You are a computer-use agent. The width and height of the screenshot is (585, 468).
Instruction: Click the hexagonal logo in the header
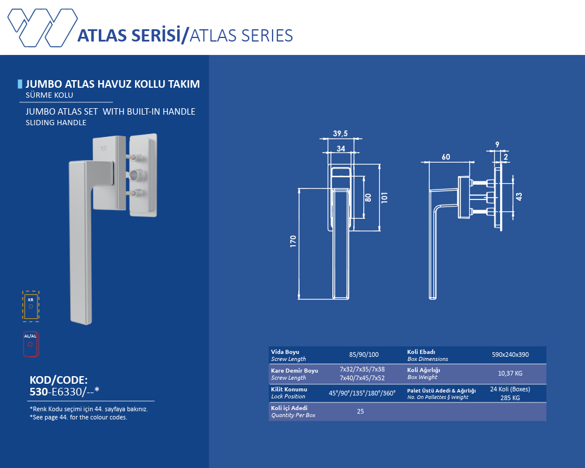pyautogui.click(x=43, y=27)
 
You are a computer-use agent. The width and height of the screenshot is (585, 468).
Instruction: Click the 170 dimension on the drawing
pyautogui.click(x=293, y=241)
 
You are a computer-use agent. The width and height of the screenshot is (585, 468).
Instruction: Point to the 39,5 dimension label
pyautogui.click(x=340, y=133)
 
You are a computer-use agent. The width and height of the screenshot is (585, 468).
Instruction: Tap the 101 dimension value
pyautogui.click(x=384, y=198)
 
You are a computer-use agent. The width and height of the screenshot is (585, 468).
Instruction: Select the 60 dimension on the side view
pyautogui.click(x=446, y=157)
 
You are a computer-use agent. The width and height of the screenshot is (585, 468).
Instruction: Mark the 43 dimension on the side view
pyautogui.click(x=519, y=197)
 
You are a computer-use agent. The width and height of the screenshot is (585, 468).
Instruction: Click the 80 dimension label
pyautogui.click(x=368, y=198)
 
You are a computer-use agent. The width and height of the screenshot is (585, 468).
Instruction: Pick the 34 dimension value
pyautogui.click(x=341, y=149)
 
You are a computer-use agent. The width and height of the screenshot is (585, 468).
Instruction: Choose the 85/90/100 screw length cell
pyautogui.click(x=364, y=355)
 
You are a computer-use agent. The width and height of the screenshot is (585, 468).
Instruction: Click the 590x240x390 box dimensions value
pyautogui.click(x=510, y=355)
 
